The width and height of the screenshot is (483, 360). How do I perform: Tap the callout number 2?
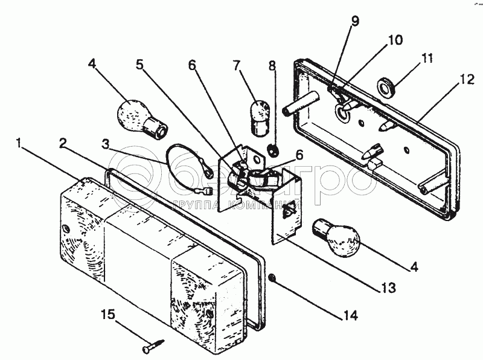point(62,143)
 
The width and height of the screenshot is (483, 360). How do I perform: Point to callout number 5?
point(140,65)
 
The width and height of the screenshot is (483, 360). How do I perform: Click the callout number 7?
point(237,65)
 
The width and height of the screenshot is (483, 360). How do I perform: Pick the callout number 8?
point(272,65)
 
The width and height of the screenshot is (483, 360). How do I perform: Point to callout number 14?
point(350,315)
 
